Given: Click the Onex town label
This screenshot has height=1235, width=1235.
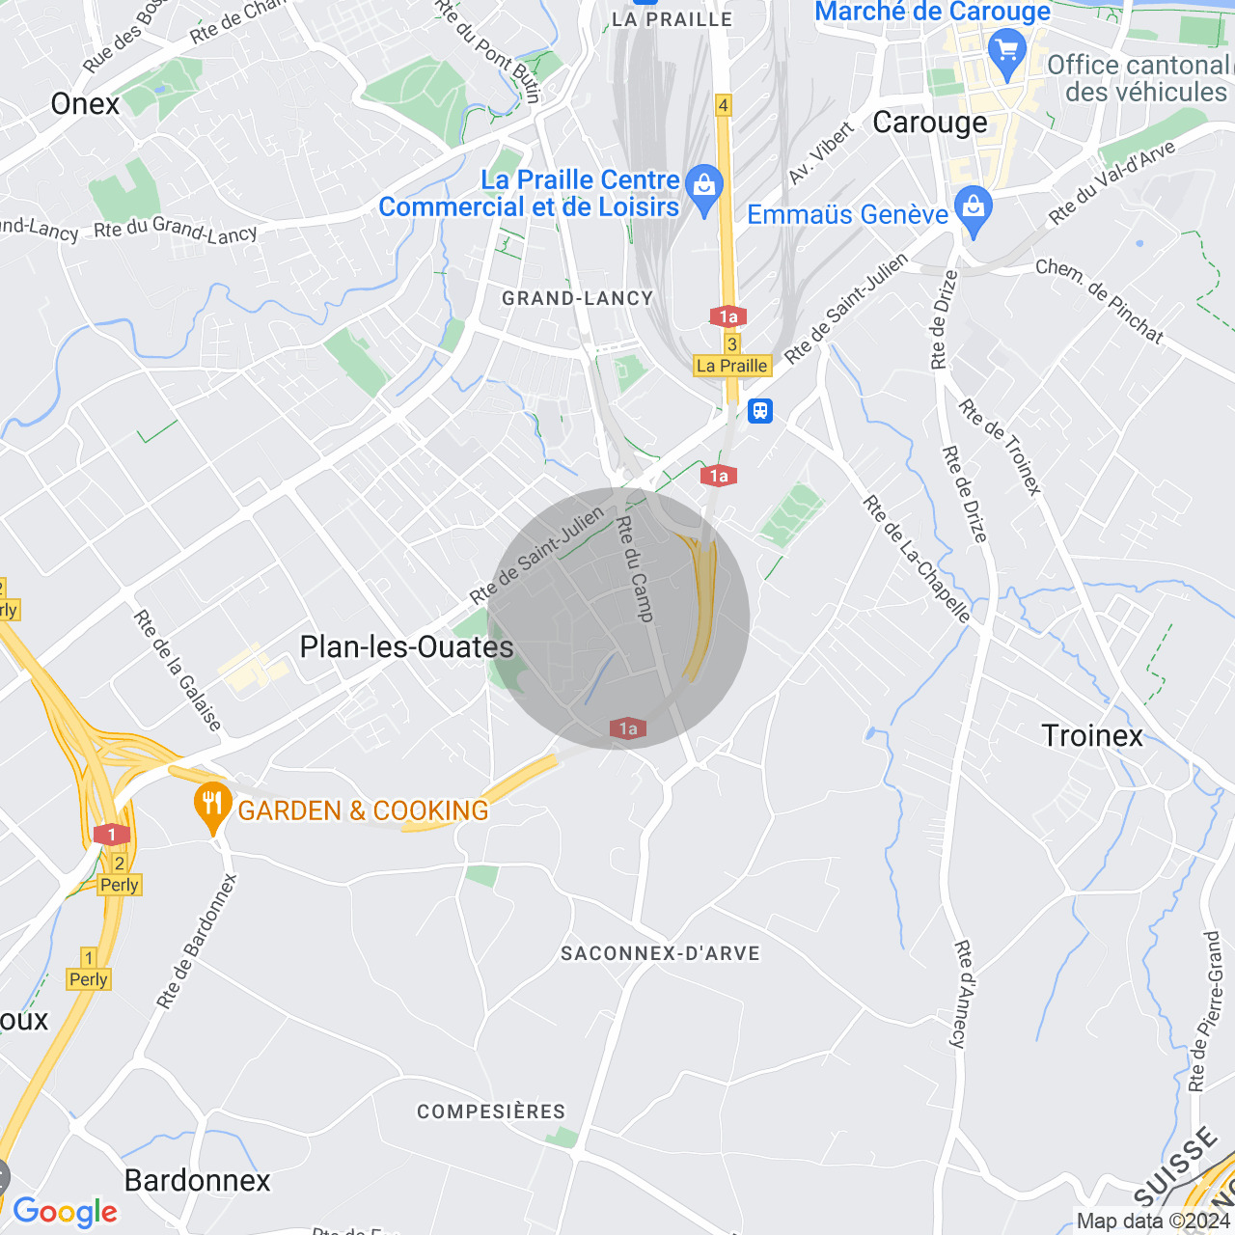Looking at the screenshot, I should pos(85,104).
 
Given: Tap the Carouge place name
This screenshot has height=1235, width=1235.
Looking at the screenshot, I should pos(930,123).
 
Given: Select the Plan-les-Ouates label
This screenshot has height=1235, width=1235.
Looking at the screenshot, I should pos(406,646).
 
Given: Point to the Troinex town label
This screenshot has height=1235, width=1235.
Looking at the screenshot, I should pos(1092,736).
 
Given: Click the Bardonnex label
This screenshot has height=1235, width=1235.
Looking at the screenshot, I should pos(198,1180).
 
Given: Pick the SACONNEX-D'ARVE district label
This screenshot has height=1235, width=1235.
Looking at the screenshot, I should pos(661,953).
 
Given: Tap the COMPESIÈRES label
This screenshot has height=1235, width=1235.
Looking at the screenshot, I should pos(491,1111).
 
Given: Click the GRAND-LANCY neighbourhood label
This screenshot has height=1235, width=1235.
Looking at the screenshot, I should pos(577,298).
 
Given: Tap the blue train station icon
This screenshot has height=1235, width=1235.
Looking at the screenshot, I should pos(760,411).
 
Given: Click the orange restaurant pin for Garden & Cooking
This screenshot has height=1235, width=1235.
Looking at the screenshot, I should pos(212,806).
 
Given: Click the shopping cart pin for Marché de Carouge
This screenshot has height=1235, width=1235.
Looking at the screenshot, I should pos(1007,50).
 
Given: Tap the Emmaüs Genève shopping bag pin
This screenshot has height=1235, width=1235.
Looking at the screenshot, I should pos(974,208).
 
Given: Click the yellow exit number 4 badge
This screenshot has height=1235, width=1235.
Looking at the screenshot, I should pos(723,104).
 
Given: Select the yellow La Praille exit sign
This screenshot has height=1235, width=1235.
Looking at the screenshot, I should pos(732,366).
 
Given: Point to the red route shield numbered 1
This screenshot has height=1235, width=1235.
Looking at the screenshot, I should pos(112,835).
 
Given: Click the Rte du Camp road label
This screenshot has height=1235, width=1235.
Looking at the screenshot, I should pos(635,568).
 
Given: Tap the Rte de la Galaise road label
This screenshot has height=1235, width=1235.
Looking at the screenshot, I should pos(178,671).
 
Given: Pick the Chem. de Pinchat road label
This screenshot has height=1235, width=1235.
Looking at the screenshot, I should pos(1100,300).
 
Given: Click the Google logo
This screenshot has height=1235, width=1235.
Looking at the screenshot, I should pos(65,1212).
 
